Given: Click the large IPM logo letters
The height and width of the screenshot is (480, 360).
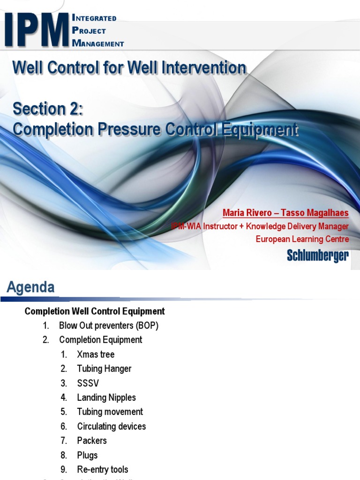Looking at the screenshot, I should [37, 30].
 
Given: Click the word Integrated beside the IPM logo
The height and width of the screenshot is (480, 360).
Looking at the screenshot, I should [94, 18].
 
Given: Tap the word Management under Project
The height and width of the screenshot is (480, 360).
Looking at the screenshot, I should [98, 43].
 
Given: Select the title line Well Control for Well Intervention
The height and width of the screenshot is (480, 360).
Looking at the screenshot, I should [129, 68].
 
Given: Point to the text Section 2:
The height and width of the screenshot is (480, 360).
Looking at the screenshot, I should [48, 109].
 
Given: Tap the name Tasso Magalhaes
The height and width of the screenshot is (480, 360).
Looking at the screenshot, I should [315, 213].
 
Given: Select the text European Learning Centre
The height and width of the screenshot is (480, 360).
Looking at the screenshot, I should [302, 239].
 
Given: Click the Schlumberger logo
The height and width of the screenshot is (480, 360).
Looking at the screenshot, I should [317, 255].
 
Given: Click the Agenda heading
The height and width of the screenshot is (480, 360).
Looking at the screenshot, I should [30, 287].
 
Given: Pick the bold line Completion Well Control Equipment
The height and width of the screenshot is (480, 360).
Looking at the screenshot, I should [95, 311].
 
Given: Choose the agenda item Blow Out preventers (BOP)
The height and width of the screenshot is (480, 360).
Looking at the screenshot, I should [109, 326].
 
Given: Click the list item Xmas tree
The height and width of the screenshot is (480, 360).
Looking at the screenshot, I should [96, 354].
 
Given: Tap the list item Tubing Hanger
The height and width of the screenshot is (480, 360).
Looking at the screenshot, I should [104, 369].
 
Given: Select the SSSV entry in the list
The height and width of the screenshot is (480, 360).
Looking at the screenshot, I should [88, 383].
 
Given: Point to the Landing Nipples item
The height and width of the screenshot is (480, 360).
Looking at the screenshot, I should [106, 397].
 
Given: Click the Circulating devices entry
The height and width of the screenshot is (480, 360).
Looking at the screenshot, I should [112, 427].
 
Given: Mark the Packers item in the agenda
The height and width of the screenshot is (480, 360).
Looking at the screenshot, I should [92, 441].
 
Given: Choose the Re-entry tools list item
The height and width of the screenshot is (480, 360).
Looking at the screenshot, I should [103, 470].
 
